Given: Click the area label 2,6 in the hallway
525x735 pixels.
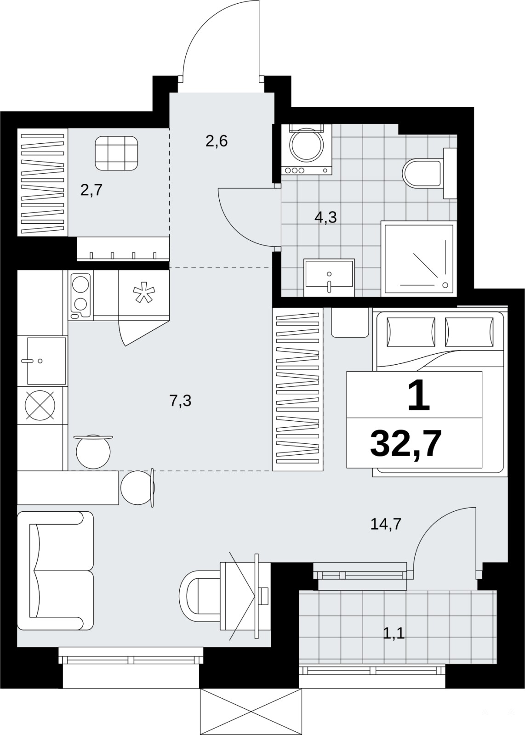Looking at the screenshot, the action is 217,141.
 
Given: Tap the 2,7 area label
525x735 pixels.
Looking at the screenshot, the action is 91,190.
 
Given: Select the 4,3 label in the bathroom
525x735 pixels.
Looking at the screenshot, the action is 325,217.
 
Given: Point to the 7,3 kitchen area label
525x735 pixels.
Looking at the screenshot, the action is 181,401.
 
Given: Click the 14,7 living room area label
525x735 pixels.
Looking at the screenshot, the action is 386,524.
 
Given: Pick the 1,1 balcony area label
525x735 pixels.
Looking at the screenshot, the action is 394,633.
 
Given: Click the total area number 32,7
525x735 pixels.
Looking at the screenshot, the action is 405,444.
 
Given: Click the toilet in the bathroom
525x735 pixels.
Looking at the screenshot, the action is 427,174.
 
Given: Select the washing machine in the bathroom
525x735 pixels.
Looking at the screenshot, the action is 307,149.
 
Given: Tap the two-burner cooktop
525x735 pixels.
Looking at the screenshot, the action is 81,295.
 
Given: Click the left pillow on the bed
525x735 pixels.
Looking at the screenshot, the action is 411,332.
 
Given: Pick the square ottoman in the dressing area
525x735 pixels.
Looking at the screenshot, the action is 116,153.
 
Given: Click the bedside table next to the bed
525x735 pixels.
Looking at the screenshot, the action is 350,322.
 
